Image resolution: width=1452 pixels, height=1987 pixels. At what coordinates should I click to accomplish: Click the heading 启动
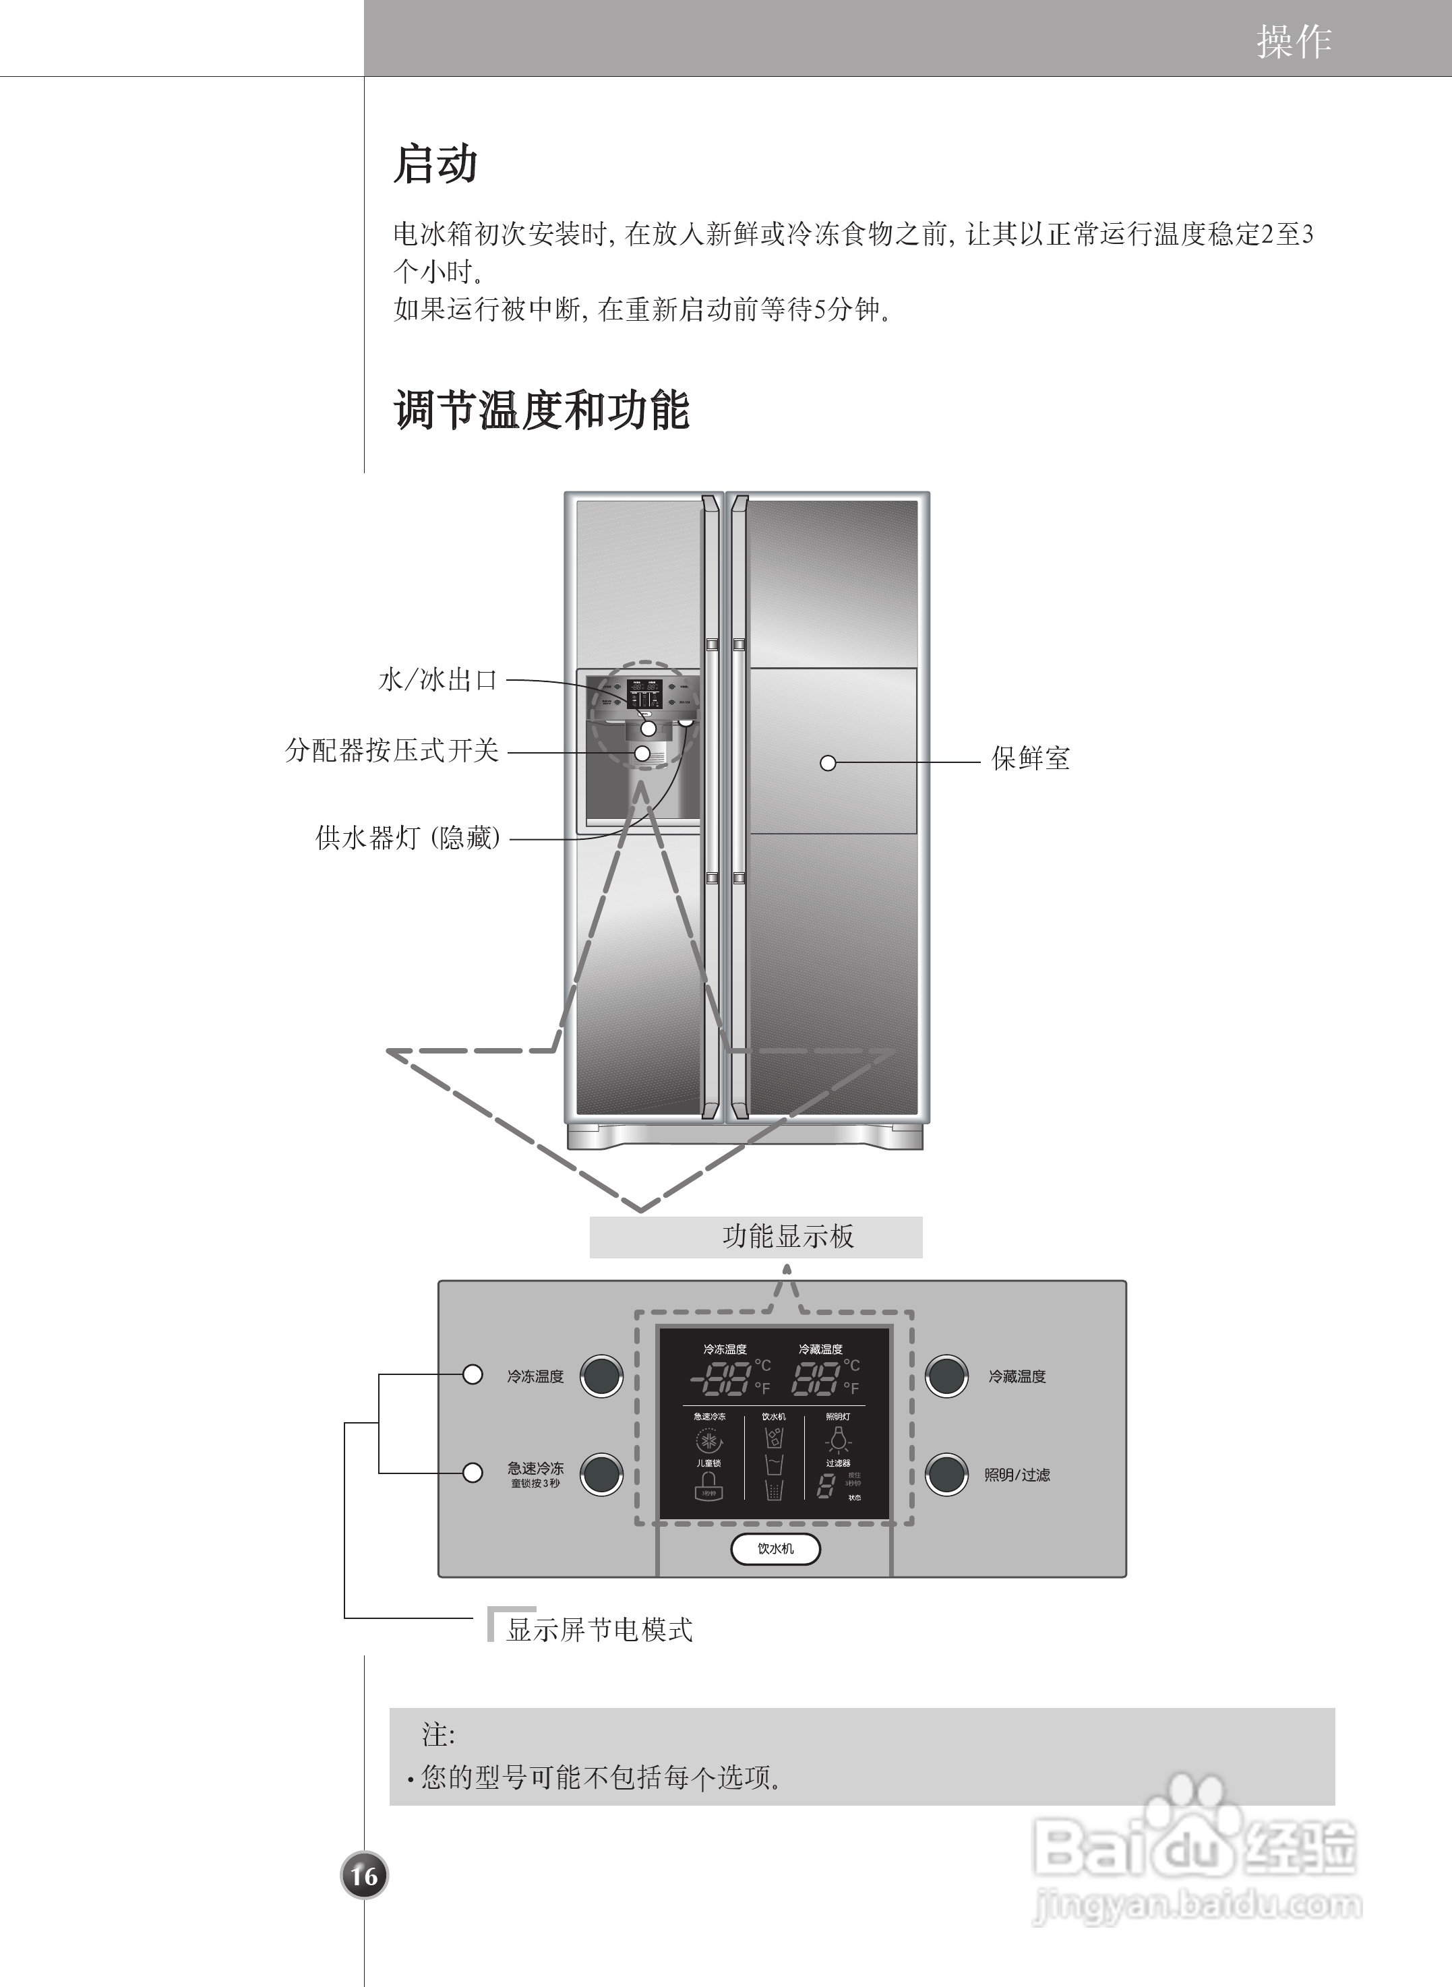[x=435, y=164]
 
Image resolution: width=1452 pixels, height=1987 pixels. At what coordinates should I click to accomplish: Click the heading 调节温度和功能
[x=541, y=410]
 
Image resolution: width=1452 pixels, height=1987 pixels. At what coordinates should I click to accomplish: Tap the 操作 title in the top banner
[x=1293, y=41]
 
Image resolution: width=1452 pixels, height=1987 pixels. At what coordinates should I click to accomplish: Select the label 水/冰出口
[x=437, y=680]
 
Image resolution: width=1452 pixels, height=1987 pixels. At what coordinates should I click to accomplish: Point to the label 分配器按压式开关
[x=392, y=750]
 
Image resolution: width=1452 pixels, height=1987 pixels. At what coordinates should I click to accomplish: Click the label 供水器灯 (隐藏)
[x=408, y=838]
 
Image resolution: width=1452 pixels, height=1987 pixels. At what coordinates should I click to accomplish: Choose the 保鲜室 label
[x=1030, y=758]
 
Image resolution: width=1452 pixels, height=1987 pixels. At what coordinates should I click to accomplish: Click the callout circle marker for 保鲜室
[x=827, y=763]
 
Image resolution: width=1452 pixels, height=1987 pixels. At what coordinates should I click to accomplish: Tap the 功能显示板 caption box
[x=756, y=1237]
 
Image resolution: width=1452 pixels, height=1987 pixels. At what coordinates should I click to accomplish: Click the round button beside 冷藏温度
[x=946, y=1376]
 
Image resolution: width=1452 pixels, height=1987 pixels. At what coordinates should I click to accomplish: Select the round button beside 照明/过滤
[x=946, y=1475]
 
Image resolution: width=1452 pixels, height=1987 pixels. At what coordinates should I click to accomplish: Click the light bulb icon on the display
[x=839, y=1440]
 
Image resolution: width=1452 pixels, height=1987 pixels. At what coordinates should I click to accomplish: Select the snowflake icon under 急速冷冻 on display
[x=708, y=1441]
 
